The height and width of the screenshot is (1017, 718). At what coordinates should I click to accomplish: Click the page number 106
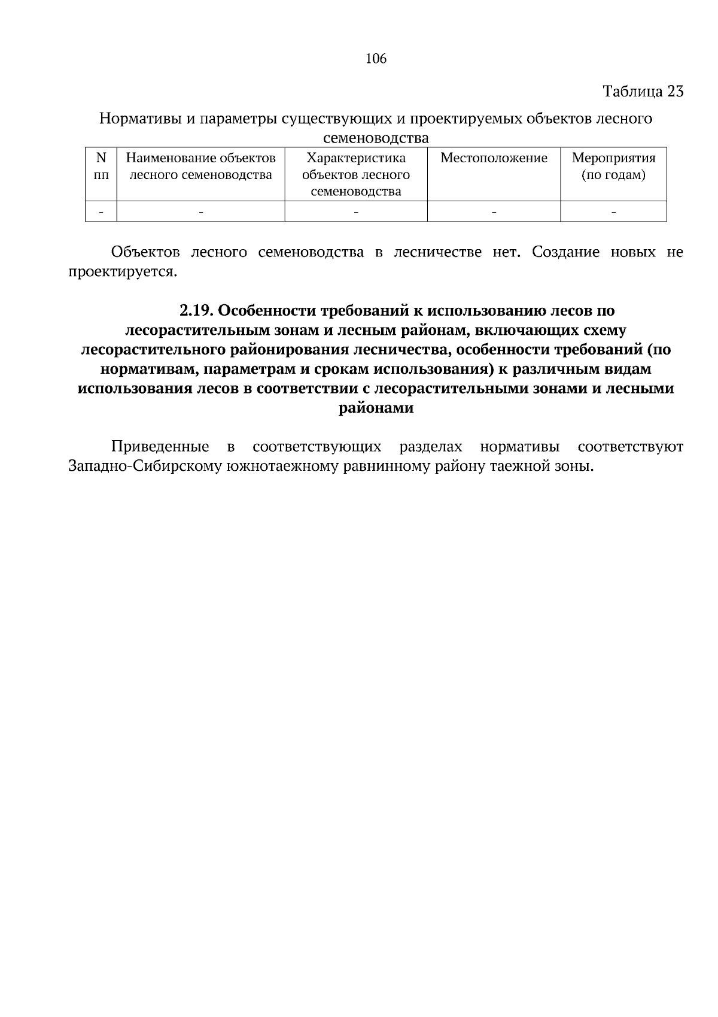point(376,59)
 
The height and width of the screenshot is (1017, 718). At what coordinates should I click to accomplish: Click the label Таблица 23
point(643,92)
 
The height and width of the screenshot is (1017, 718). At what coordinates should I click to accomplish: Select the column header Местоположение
point(494,158)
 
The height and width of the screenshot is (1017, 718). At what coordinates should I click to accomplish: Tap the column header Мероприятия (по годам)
point(613,167)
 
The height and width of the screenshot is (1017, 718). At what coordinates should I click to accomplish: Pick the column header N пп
point(101,167)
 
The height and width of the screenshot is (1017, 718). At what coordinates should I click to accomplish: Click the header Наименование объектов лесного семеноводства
point(200,167)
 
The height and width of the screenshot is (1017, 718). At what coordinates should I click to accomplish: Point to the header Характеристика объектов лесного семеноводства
point(356,174)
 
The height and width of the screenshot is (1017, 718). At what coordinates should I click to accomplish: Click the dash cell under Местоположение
point(494,211)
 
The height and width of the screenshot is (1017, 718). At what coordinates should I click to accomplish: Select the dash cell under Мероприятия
point(613,211)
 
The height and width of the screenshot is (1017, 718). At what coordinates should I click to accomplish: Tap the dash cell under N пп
point(101,211)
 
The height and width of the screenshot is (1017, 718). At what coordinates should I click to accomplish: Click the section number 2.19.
point(196,311)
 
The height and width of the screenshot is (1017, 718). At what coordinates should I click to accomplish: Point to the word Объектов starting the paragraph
point(145,252)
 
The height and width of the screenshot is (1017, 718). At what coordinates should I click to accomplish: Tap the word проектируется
point(122,272)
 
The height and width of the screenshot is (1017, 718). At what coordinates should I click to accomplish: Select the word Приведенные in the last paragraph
point(160,447)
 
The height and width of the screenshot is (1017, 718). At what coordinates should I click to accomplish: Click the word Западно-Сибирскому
point(144,467)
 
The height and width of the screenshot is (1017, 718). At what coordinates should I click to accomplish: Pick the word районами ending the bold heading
point(376,408)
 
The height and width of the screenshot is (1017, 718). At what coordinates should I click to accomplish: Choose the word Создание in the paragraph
point(565,252)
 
